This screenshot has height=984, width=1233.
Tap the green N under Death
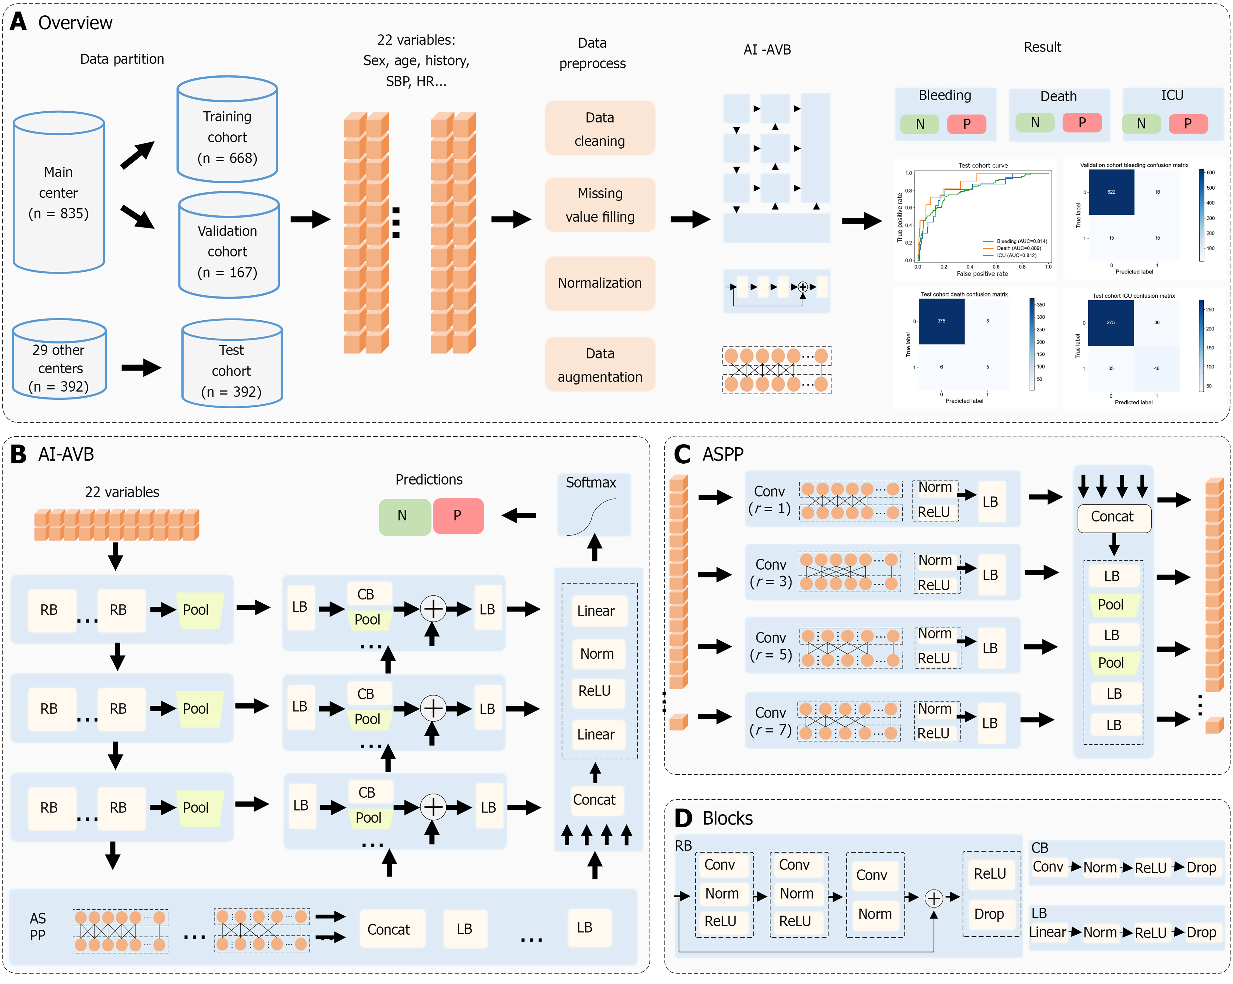coord(1034,123)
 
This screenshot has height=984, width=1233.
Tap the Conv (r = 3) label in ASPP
coord(770,573)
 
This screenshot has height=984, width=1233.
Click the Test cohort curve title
coord(982,165)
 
